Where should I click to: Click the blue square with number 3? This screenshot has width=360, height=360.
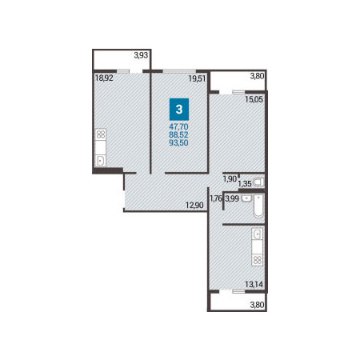click(x=179, y=110)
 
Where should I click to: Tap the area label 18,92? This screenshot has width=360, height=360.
click(x=104, y=78)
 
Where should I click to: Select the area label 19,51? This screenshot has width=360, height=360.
click(x=198, y=78)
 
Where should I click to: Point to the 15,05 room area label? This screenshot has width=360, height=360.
click(x=254, y=99)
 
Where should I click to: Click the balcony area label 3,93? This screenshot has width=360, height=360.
click(x=141, y=55)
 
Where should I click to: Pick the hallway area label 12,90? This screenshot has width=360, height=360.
click(x=194, y=206)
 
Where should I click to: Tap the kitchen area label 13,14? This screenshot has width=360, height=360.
click(x=254, y=285)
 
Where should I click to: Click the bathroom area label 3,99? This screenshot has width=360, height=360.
click(x=232, y=198)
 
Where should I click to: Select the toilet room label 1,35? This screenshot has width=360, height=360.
click(x=245, y=183)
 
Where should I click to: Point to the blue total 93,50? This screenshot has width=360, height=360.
click(x=178, y=142)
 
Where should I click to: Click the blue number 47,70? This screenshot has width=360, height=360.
click(x=178, y=126)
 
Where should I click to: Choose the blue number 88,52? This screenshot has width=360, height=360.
click(x=178, y=134)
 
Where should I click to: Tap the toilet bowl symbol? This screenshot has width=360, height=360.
click(x=258, y=182)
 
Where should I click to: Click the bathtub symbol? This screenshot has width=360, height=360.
click(x=258, y=206)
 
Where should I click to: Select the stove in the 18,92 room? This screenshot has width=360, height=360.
click(x=101, y=134)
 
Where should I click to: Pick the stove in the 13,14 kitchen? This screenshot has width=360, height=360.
click(x=258, y=260)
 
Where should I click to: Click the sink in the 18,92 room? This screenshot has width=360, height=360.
click(x=101, y=161)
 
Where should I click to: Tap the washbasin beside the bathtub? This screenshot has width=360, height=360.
click(x=246, y=198)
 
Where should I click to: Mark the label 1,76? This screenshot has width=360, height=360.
click(x=216, y=198)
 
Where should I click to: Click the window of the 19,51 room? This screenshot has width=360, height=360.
click(x=179, y=71)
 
